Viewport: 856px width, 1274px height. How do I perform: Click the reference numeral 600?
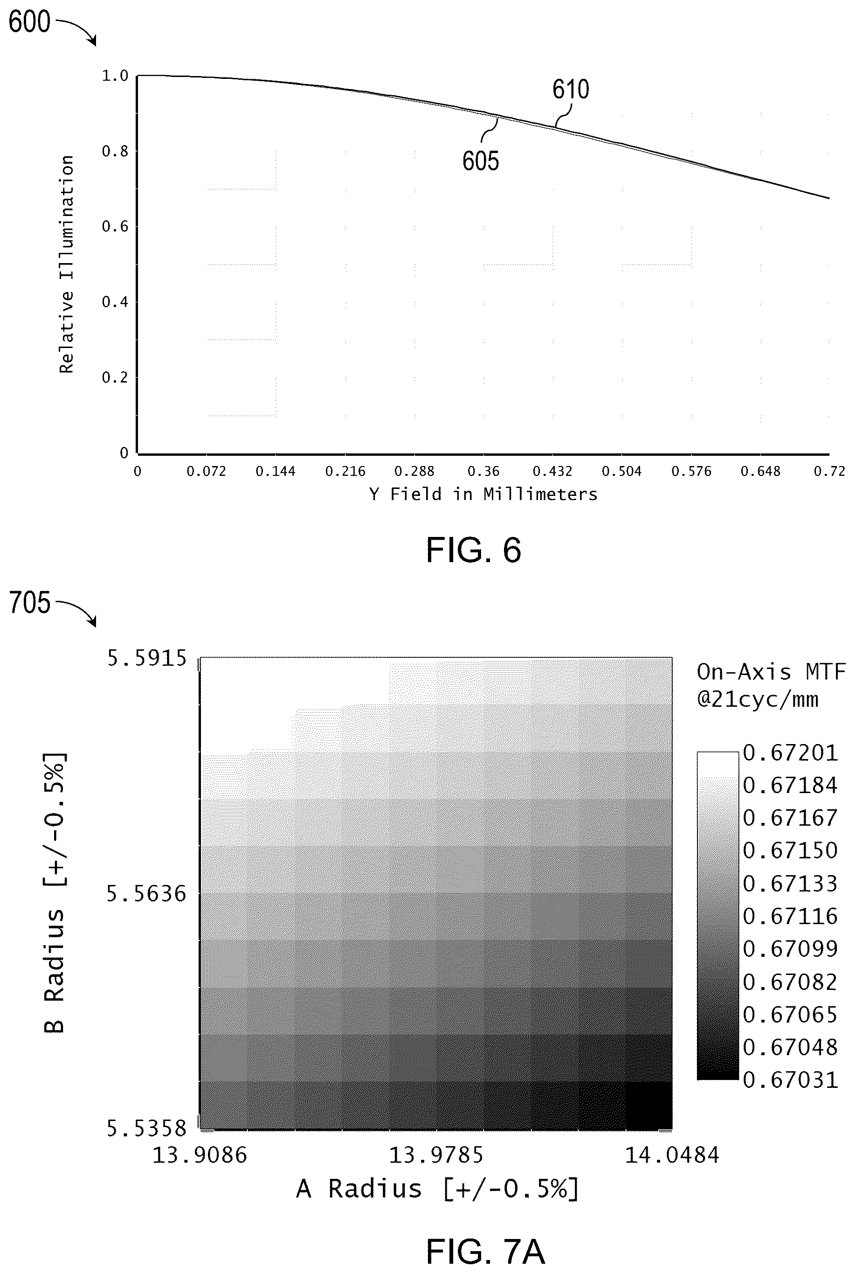[x=29, y=22]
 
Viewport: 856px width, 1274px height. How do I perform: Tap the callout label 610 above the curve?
[x=571, y=90]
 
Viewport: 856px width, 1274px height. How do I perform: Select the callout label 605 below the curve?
[x=480, y=161]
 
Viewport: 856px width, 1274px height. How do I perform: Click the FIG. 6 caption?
[x=473, y=550]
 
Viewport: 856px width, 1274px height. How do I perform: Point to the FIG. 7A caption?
[x=485, y=1236]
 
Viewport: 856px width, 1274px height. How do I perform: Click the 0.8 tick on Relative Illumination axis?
[x=115, y=151]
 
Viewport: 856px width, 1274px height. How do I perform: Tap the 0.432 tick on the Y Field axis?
[x=552, y=471]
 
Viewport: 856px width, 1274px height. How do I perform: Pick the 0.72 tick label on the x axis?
[x=829, y=471]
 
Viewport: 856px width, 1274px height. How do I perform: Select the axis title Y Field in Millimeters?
[x=483, y=494]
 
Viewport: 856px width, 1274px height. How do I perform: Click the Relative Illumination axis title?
[x=67, y=265]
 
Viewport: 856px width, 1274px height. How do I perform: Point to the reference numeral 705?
[x=29, y=603]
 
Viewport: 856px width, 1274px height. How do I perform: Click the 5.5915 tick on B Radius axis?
[x=146, y=659]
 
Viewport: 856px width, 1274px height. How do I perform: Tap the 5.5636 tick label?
[x=146, y=894]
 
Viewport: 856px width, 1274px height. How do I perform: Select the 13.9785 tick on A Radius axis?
[x=435, y=1155]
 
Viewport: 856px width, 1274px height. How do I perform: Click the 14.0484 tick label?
[x=672, y=1155]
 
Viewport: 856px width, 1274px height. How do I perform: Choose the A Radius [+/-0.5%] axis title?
[x=437, y=1189]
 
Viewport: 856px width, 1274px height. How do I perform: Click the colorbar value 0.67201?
[x=790, y=753]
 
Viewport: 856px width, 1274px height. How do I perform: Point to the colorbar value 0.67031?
[x=790, y=1079]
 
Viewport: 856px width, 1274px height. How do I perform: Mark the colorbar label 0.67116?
[x=790, y=916]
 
